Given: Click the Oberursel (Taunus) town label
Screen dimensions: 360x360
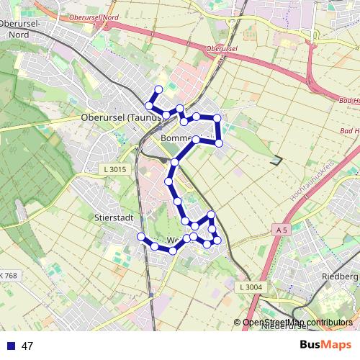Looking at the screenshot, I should point(115,117).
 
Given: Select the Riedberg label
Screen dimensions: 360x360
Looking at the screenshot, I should point(340,276).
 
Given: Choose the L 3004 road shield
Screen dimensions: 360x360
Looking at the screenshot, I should point(248,287).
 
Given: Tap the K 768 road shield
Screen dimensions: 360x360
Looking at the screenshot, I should point(9,276).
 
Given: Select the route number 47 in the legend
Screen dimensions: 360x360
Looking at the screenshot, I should point(27,346).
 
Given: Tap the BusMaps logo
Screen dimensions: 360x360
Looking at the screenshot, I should point(325,345).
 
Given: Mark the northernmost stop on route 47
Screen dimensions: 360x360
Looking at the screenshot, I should point(158,89).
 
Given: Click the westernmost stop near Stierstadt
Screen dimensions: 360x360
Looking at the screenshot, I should point(141,237).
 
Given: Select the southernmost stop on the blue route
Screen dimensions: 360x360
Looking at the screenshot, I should point(173,251).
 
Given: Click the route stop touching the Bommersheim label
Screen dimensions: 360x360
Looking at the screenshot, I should point(195,138).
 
